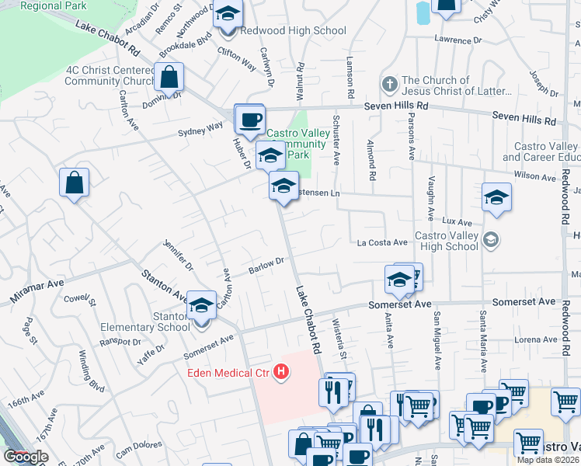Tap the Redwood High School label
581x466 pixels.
pyautogui.click(x=293, y=31)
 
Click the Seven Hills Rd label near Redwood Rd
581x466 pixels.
pyautogui.click(x=525, y=119)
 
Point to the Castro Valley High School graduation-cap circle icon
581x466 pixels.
pyautogui.click(x=489, y=239)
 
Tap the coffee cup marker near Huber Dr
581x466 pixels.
pyautogui.click(x=249, y=119)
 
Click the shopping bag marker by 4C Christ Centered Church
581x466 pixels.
pyautogui.click(x=169, y=77)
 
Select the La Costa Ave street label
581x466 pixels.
pyautogui.click(x=382, y=243)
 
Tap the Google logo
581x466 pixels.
pyautogui.click(x=26, y=457)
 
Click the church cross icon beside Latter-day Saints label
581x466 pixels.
pyautogui.click(x=390, y=83)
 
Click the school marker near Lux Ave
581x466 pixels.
pyautogui.click(x=496, y=197)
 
